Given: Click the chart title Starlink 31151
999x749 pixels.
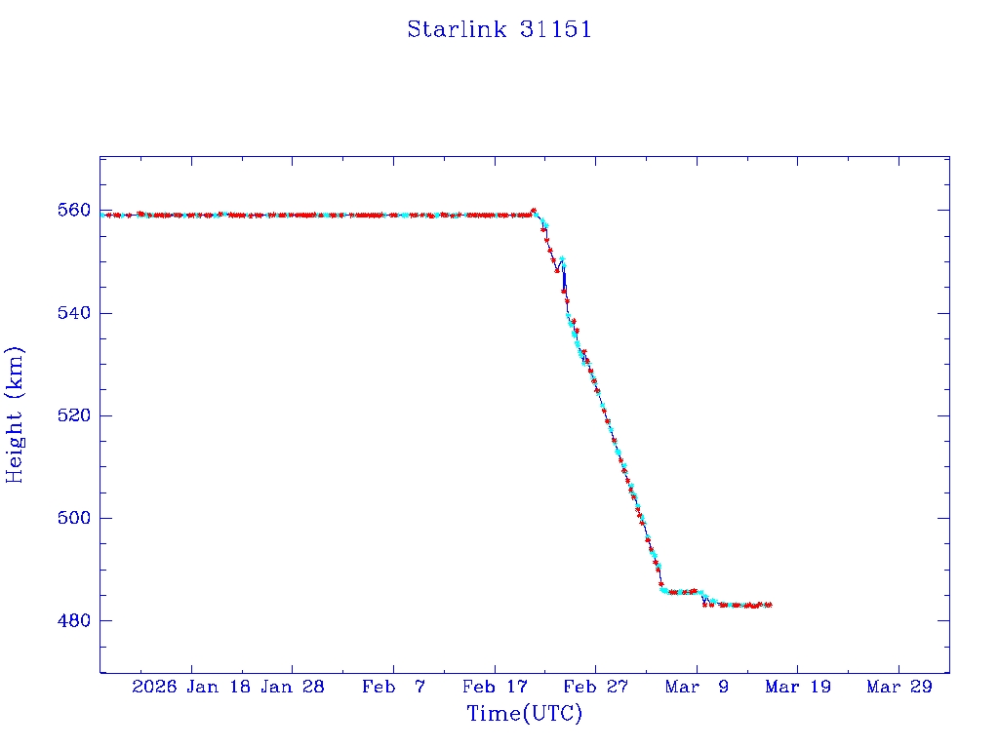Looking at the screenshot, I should [x=499, y=29].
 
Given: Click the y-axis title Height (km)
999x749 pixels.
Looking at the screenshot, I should [x=15, y=414].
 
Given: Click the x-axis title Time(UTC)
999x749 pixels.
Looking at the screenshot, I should [x=524, y=714].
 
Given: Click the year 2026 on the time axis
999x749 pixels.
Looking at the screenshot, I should [x=154, y=688].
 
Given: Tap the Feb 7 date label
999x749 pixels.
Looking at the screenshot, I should [x=393, y=688].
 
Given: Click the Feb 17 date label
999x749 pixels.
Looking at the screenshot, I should [x=495, y=688].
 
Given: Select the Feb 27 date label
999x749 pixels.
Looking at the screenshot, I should [x=596, y=688].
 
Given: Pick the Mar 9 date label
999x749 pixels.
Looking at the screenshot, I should [x=697, y=688].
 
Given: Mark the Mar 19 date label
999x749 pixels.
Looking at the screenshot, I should [x=798, y=688].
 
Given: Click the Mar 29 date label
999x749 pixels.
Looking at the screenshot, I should [x=899, y=688].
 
